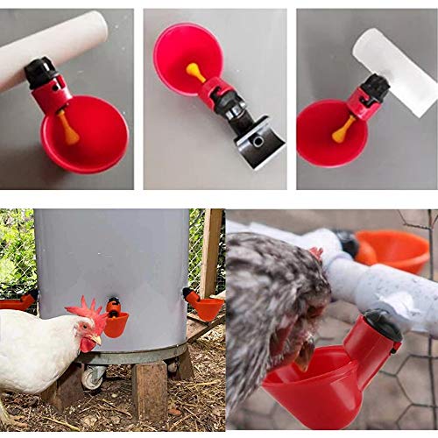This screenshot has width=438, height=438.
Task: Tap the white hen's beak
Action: [x=96, y=338]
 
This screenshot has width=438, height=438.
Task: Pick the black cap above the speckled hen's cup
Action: [x=382, y=326]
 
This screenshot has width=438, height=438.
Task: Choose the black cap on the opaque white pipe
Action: [x=40, y=72]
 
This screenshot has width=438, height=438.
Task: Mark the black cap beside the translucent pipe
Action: [x=375, y=88]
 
